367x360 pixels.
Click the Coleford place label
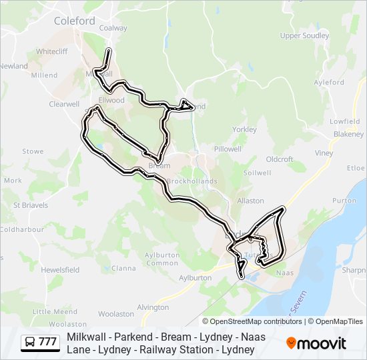coord(74,21)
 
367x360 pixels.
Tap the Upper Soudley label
coord(304,35)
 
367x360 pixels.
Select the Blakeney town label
coord(348,134)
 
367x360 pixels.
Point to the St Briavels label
coord(31,205)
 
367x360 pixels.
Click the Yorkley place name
coord(244,129)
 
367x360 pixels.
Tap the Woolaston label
coord(116,313)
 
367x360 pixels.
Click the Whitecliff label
coord(53,51)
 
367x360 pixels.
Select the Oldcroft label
coord(280,159)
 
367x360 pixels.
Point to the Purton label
coord(344,200)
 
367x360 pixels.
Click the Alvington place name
coord(153,307)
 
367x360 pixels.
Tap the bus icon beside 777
coord(30,342)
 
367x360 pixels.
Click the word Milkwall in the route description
coord(87,337)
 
